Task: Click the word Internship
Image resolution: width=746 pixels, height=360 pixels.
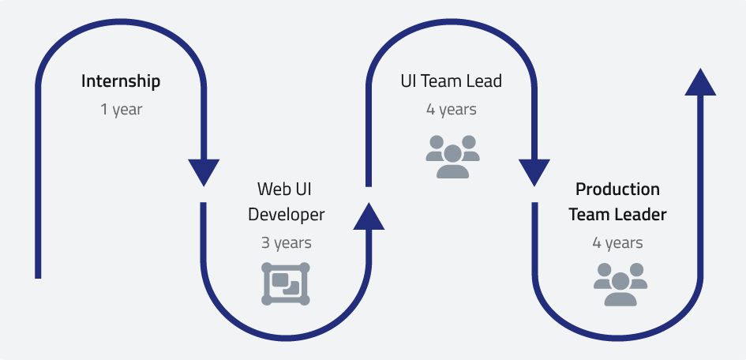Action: coord(121,81)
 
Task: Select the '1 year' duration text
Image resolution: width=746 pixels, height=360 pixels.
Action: coord(121,110)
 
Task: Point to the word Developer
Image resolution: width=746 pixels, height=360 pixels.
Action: coord(286,215)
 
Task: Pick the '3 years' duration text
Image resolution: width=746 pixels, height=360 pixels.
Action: coord(286,243)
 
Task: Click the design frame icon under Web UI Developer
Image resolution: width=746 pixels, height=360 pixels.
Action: coord(285,283)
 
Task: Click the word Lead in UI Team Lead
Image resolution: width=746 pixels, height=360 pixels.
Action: coord(484,81)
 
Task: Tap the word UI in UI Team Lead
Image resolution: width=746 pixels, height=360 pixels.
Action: coord(409,81)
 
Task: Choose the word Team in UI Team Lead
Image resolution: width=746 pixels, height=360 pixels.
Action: coord(442,81)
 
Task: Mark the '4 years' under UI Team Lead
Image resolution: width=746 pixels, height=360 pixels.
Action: coord(452,110)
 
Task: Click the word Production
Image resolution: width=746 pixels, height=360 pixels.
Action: coord(617,189)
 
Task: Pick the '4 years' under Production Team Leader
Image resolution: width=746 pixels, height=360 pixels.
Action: coord(617,243)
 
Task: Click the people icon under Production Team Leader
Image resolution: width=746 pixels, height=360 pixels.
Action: coord(620,283)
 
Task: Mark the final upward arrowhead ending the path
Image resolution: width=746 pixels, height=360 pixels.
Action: coord(700,81)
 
